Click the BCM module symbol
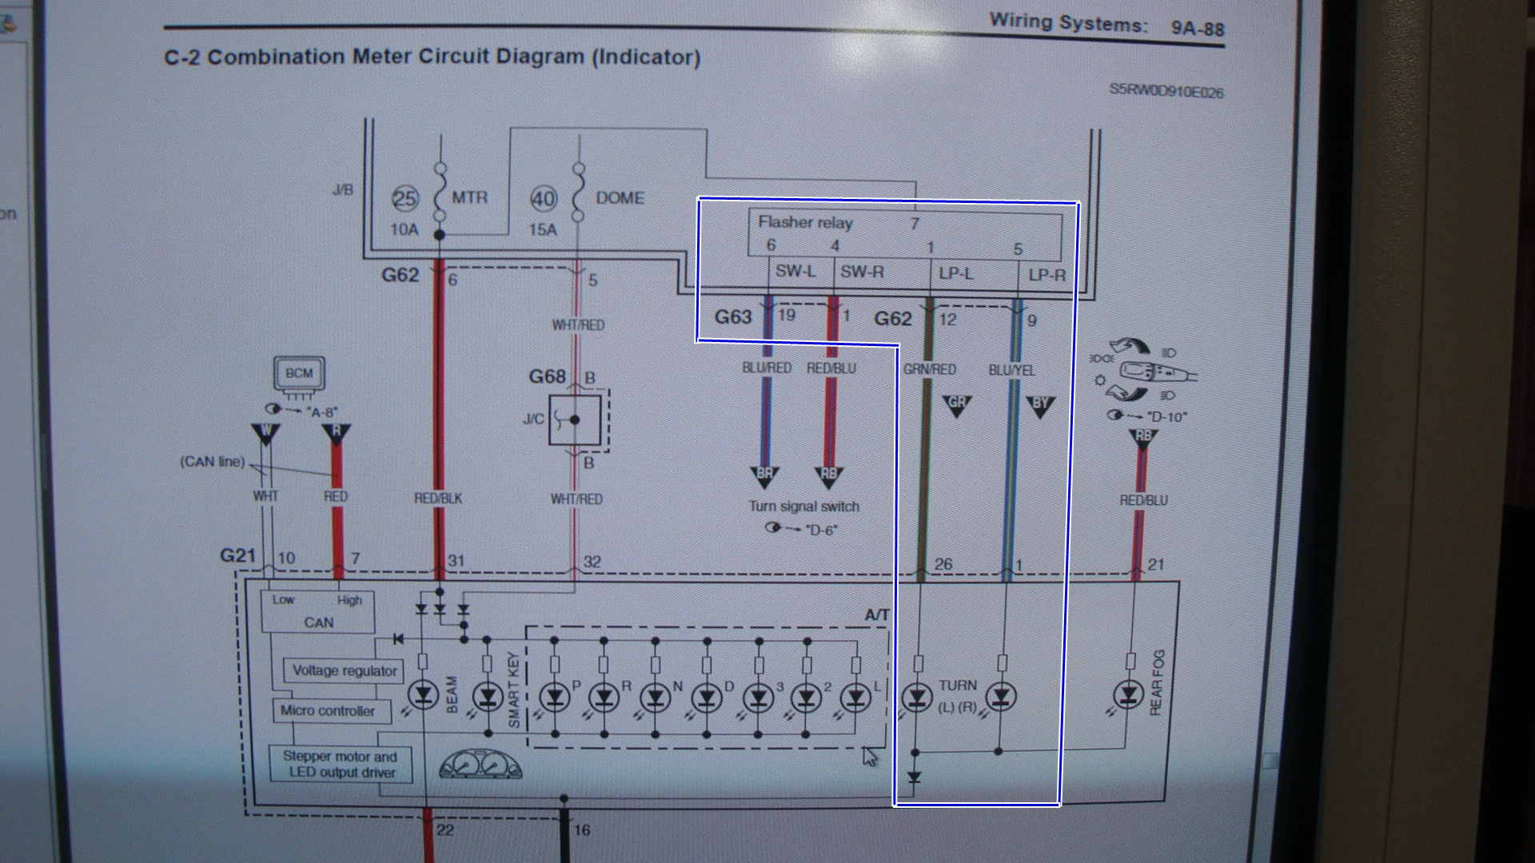pos(299,374)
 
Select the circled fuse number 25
pos(405,198)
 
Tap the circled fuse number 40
pos(544,199)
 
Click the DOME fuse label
pos(620,197)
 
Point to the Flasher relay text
pos(805,223)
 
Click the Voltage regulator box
pos(345,670)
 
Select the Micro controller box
pos(328,710)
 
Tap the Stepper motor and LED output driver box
pos(340,764)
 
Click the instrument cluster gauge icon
pos(480,765)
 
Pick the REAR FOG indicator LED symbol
pos(1129,696)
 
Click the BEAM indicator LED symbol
pos(423,696)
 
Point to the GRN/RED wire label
pos(929,369)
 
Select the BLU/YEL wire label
pos(1011,370)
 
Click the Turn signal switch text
pos(803,507)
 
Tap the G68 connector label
pos(548,376)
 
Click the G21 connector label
pos(237,555)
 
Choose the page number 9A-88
pos(1197,29)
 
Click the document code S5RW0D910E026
pos(1166,91)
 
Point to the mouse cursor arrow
pos(870,756)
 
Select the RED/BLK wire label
pos(438,498)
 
